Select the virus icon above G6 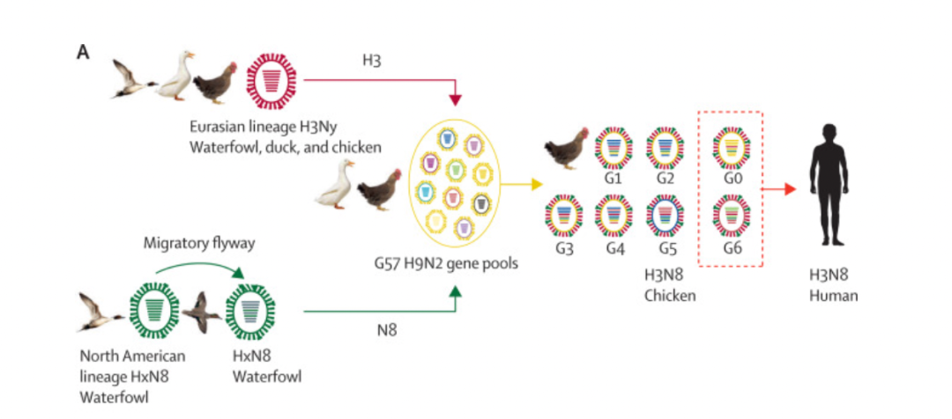(731, 215)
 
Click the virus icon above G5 (665, 215)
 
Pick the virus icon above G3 (564, 215)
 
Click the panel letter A (83, 53)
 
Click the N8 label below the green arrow (387, 331)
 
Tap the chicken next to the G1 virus (566, 147)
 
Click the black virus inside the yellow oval (482, 203)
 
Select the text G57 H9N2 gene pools (446, 264)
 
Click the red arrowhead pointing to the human (789, 189)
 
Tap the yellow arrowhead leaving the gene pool (537, 184)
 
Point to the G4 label (614, 248)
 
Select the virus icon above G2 (665, 147)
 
